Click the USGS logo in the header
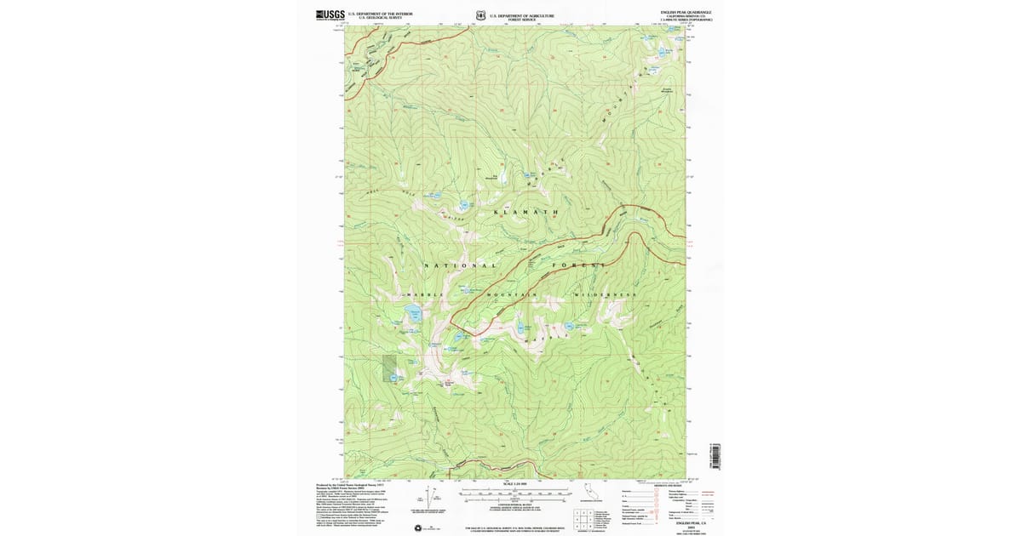pyautogui.click(x=330, y=14)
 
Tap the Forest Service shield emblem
pyautogui.click(x=482, y=14)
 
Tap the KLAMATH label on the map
pyautogui.click(x=526, y=211)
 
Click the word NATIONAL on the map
pyautogui.click(x=460, y=265)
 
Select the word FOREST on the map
pyautogui.click(x=582, y=265)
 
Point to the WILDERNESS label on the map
pyautogui.click(x=606, y=294)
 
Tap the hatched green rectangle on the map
pyautogui.click(x=389, y=364)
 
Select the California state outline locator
pyautogui.click(x=589, y=491)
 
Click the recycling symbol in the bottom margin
pyautogui.click(x=418, y=528)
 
